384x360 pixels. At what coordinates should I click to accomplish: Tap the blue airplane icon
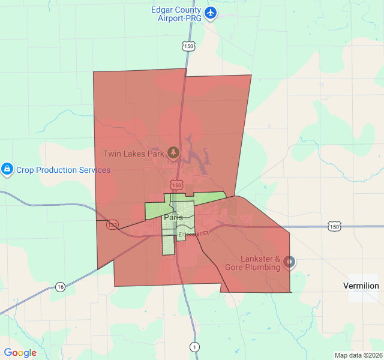(x=211, y=12)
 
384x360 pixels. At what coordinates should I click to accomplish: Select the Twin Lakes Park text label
(x=134, y=154)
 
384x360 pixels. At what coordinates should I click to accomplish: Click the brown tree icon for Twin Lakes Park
(x=173, y=153)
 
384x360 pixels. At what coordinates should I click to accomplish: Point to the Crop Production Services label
(x=63, y=170)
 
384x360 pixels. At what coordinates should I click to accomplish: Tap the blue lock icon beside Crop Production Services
(x=7, y=170)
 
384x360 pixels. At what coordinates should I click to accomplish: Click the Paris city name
(x=173, y=217)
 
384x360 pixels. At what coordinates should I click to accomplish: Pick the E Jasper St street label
(x=193, y=233)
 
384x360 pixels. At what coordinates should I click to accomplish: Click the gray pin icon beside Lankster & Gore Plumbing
(x=290, y=262)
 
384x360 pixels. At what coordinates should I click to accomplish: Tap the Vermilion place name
(x=361, y=286)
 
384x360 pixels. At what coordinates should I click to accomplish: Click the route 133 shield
(x=112, y=224)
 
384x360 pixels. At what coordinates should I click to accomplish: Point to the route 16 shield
(x=60, y=287)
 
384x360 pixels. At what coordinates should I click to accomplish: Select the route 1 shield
(x=194, y=346)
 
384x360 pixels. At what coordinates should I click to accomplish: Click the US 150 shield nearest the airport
(x=189, y=46)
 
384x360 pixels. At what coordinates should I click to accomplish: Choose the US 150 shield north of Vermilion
(x=334, y=226)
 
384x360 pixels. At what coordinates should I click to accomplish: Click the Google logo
(x=20, y=353)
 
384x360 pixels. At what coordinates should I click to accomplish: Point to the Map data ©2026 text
(x=358, y=355)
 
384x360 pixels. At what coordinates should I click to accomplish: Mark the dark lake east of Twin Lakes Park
(x=198, y=157)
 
